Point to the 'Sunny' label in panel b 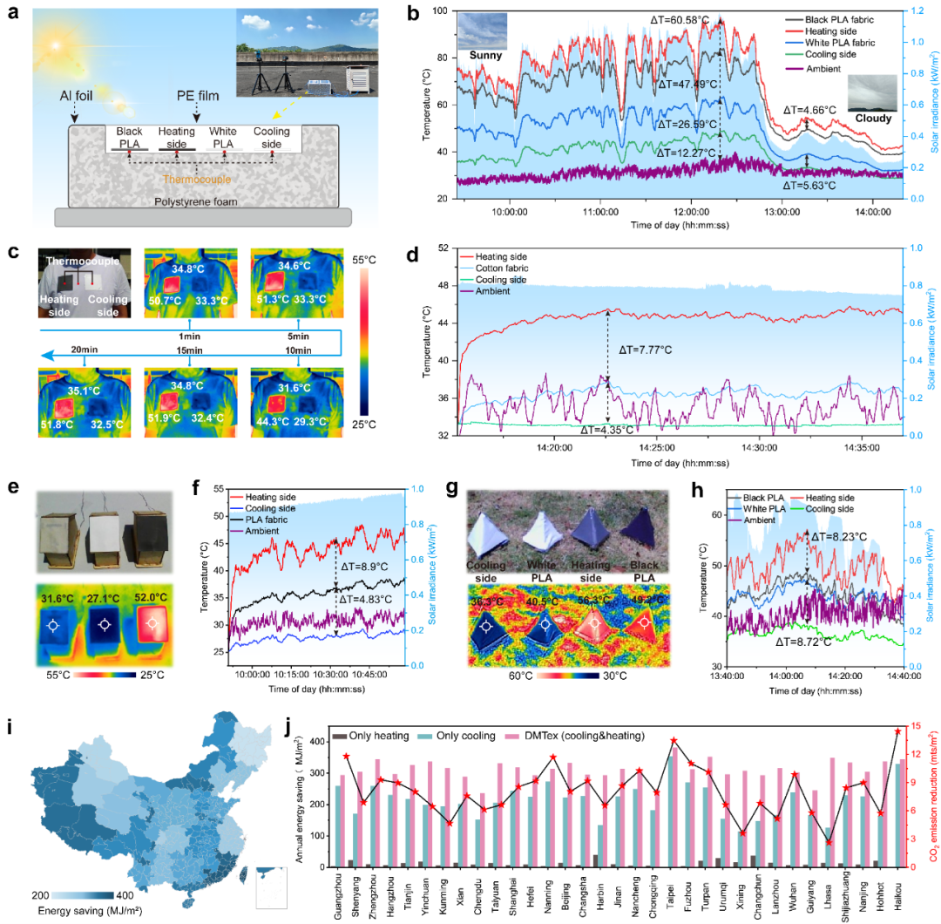tap(485, 55)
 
